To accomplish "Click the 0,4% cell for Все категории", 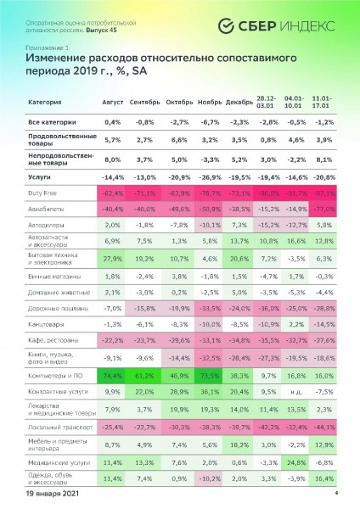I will coord(113,121).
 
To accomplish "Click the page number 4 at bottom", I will coord(336,493).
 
